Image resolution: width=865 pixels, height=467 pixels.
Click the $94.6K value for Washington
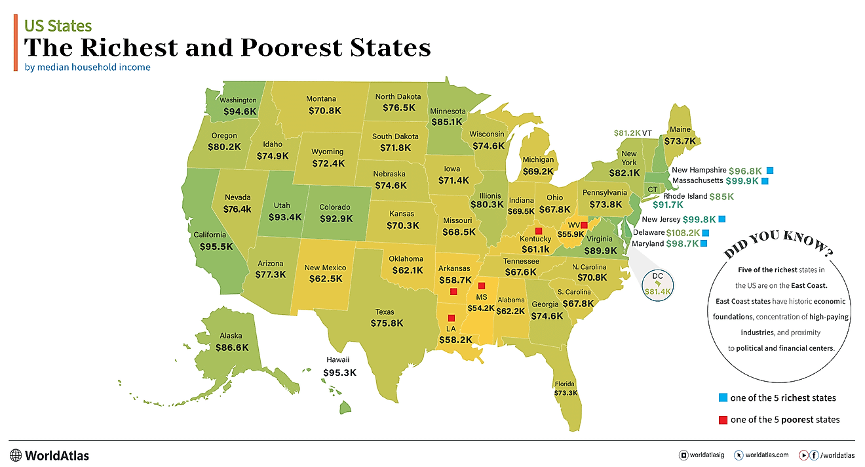coord(240,112)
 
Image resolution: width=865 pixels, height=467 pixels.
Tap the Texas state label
coord(385,312)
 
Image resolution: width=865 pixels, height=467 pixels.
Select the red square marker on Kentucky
coord(538,231)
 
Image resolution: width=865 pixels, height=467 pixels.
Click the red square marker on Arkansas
coord(453,292)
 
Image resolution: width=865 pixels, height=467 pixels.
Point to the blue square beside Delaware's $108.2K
coord(706,233)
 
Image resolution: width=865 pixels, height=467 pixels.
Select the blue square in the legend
coord(723,397)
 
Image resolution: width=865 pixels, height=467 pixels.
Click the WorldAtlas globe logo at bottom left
coord(16,455)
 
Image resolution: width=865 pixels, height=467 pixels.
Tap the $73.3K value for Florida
coord(565,393)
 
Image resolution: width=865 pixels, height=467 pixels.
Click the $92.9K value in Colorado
coord(336,218)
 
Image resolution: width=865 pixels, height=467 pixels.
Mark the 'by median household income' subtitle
coord(87,67)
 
